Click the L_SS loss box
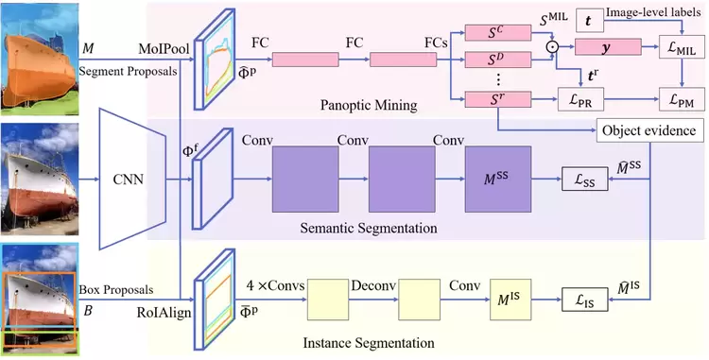(584, 179)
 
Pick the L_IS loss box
(584, 300)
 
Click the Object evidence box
(648, 130)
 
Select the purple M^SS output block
(498, 179)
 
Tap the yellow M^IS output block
(510, 300)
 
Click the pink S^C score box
(498, 33)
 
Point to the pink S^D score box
(498, 60)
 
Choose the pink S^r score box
(498, 99)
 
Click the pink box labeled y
(608, 47)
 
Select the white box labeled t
(590, 21)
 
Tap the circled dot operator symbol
(553, 46)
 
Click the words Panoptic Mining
(369, 105)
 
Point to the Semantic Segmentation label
(369, 228)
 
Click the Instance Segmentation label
(369, 342)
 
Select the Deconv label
(373, 285)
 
